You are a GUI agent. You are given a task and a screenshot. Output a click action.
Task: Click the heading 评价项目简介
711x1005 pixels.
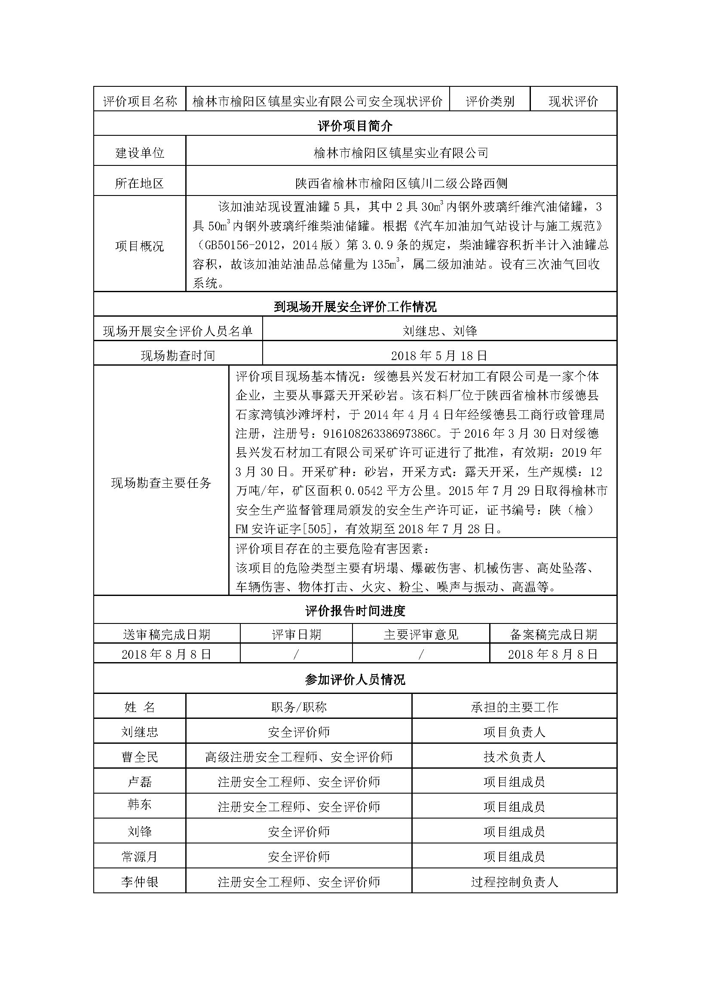pyautogui.click(x=355, y=126)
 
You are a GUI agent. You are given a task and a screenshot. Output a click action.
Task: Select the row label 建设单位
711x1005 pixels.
pyautogui.click(x=140, y=153)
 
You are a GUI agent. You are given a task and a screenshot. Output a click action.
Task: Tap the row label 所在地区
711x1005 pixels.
pyautogui.click(x=140, y=183)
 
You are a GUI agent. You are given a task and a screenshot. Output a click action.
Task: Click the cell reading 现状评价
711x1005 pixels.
pyautogui.click(x=573, y=101)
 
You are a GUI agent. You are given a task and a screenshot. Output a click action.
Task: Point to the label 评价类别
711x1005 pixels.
pyautogui.click(x=490, y=101)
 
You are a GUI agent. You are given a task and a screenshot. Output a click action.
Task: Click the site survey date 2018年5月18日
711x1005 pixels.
pyautogui.click(x=439, y=355)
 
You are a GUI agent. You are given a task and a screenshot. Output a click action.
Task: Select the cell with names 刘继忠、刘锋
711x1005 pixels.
pyautogui.click(x=440, y=331)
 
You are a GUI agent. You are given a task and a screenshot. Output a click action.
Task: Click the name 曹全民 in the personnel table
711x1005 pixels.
pyautogui.click(x=140, y=757)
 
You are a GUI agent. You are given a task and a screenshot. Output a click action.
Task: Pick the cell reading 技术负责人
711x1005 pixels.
pyautogui.click(x=515, y=757)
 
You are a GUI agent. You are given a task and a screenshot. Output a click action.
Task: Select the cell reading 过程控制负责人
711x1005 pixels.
pyautogui.click(x=515, y=882)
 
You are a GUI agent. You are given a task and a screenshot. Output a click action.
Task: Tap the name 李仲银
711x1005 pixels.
pyautogui.click(x=140, y=882)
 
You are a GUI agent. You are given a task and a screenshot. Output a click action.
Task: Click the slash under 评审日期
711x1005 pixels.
pyautogui.click(x=297, y=654)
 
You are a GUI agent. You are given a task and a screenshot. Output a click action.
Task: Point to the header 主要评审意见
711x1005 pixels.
pyautogui.click(x=421, y=635)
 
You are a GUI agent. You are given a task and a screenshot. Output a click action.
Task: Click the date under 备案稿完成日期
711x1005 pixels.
pyautogui.click(x=553, y=654)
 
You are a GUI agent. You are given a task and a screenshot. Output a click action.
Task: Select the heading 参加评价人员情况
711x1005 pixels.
pyautogui.click(x=355, y=680)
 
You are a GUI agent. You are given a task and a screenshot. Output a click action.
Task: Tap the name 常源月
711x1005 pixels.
pyautogui.click(x=140, y=857)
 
